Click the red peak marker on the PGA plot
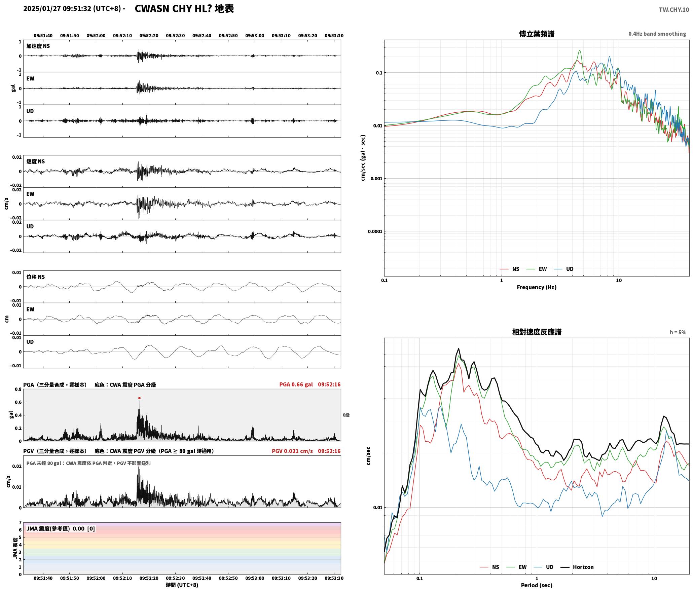[139, 398]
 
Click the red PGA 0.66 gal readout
[296, 384]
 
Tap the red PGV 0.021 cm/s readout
[292, 451]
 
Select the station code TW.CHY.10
[674, 10]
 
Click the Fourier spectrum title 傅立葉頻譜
[537, 34]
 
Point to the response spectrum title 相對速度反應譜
[537, 332]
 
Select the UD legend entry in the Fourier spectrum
[564, 269]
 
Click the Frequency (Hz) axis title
[537, 287]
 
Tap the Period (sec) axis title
[537, 585]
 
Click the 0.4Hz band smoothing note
[657, 34]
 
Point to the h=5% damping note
[678, 332]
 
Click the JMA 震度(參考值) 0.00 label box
[61, 529]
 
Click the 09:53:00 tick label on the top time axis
[255, 36]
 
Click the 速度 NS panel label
[36, 161]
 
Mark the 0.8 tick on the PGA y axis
[18, 390]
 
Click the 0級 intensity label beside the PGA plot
[346, 415]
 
